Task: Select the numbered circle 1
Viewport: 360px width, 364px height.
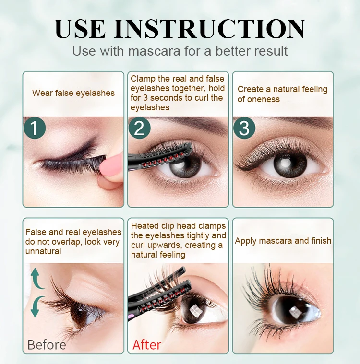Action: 35,129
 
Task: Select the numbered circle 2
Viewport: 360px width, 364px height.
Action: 139,128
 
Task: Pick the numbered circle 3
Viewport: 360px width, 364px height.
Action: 244,129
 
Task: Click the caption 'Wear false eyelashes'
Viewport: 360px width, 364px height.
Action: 73,93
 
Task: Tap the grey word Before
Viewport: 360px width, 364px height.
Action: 47,344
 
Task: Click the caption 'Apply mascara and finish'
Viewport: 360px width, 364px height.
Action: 283,241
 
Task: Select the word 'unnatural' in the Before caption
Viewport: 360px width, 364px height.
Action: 43,251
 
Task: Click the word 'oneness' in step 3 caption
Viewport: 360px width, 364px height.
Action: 259,99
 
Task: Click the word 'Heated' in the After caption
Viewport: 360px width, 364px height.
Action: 146,225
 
